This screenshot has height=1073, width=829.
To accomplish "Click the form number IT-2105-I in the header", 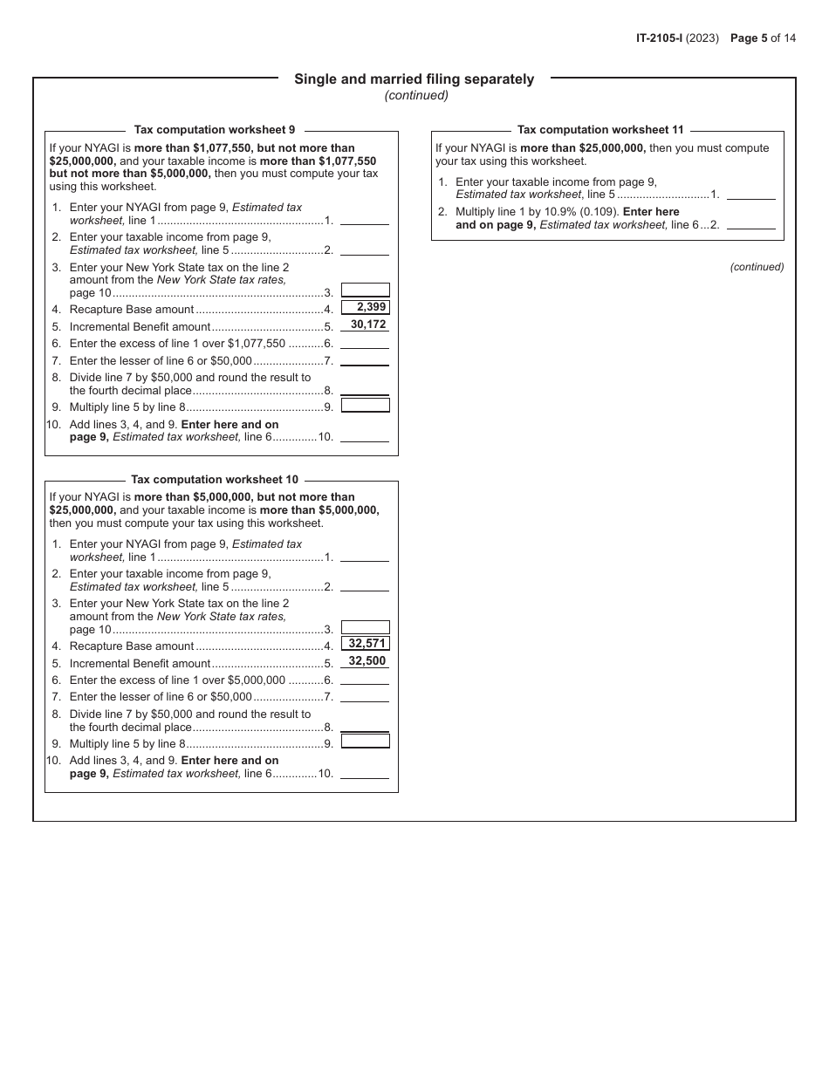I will (x=664, y=38).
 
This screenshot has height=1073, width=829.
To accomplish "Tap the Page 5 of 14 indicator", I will (x=763, y=38).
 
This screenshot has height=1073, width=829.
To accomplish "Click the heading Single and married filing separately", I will (x=414, y=79).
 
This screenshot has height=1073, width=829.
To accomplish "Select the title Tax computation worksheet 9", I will (x=215, y=130).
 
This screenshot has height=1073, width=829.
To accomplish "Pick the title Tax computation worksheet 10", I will (x=215, y=480).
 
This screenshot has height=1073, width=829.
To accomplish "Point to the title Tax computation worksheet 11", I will (x=600, y=130).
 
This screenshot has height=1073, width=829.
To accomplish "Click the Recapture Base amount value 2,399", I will (x=366, y=307).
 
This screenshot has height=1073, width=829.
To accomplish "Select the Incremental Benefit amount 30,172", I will (x=366, y=325).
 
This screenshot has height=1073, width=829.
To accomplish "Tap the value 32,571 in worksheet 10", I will (x=366, y=644).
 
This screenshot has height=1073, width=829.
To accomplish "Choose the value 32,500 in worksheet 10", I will (x=366, y=661).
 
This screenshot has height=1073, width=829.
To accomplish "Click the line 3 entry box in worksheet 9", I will (x=365, y=290).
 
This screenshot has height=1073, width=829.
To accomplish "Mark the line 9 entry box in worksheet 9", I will (x=365, y=406).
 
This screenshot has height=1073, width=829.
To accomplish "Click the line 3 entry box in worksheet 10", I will (x=365, y=627).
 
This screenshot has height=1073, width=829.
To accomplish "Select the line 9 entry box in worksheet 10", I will (x=365, y=742).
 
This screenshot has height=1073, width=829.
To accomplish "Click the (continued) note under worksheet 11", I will (x=757, y=267).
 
